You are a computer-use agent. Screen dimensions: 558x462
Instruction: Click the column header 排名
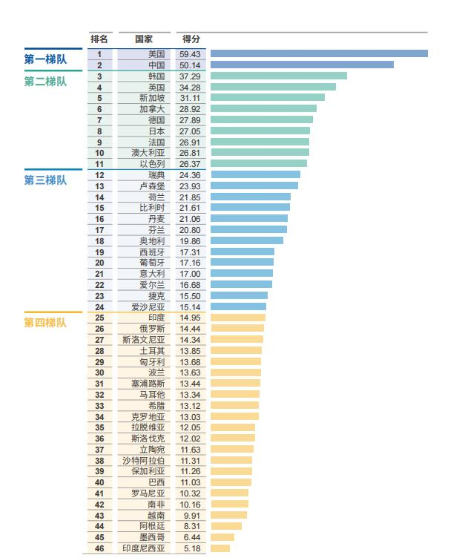pyautogui.click(x=99, y=39)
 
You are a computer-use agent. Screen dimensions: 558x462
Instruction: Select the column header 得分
pyautogui.click(x=191, y=39)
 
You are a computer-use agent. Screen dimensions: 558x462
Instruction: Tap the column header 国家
pyautogui.click(x=144, y=39)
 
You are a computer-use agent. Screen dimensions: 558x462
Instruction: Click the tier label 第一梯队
pyautogui.click(x=45, y=60)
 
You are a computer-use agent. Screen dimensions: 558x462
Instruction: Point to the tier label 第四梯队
pyautogui.click(x=45, y=323)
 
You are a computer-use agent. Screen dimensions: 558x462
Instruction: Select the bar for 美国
pyautogui.click(x=319, y=53)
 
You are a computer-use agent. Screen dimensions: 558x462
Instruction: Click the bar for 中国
pyautogui.click(x=302, y=65)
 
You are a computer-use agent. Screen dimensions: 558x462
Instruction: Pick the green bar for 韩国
pyautogui.click(x=278, y=76)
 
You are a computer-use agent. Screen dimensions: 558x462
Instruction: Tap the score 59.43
pyautogui.click(x=190, y=54)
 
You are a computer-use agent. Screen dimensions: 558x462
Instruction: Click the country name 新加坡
pyautogui.click(x=152, y=98)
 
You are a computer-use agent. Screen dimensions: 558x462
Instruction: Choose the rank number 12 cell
pyautogui.click(x=99, y=175)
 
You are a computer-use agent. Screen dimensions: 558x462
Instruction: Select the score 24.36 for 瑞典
pyautogui.click(x=190, y=175)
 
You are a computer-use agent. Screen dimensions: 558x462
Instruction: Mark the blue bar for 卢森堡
pyautogui.click(x=254, y=186)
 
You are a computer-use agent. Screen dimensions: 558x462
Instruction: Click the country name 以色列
pyautogui.click(x=152, y=164)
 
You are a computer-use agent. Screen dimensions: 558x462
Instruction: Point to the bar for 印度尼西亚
pyautogui.click(x=220, y=548)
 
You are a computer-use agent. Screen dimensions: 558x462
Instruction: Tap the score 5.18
pyautogui.click(x=190, y=548)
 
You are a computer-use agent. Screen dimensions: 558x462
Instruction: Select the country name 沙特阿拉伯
pyautogui.click(x=144, y=461)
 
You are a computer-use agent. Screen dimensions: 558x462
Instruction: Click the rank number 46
pyautogui.click(x=99, y=548)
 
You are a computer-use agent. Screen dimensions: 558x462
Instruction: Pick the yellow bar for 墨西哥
pyautogui.click(x=222, y=537)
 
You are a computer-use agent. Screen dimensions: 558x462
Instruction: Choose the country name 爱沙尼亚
pyautogui.click(x=148, y=306)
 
